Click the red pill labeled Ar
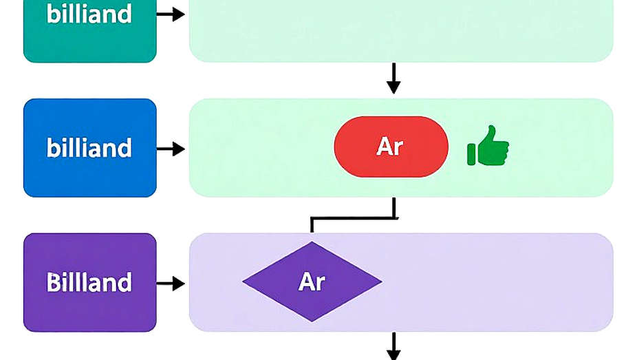[x=391, y=147]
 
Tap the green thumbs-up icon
[x=488, y=145]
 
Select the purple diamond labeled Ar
[x=312, y=282]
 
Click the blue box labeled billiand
[x=90, y=148]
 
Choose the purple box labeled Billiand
[x=90, y=282]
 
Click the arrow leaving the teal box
[x=171, y=14]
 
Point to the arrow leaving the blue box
[x=171, y=149]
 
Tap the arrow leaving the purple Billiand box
[x=171, y=283]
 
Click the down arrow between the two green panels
[x=393, y=78]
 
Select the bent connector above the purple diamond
[x=353, y=219]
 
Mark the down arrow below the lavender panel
[x=393, y=346]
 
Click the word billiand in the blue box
[x=89, y=147]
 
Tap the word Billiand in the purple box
[x=89, y=282]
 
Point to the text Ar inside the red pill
[x=390, y=147]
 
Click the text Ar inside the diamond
[x=312, y=282]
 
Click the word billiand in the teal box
[x=89, y=13]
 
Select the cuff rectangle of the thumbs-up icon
[x=471, y=154]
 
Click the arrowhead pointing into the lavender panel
[x=178, y=283]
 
